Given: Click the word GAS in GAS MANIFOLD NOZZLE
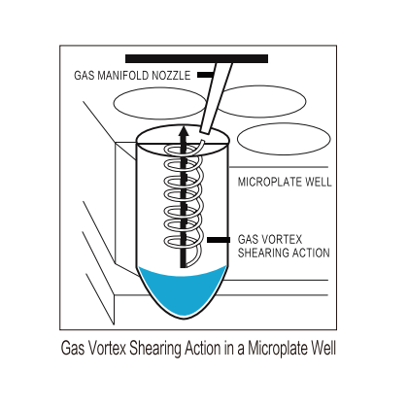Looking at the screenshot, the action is [x=85, y=76].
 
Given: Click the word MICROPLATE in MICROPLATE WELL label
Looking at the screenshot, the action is [x=265, y=182].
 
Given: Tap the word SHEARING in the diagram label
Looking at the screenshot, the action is [x=261, y=253].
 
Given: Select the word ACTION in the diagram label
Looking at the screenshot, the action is [x=309, y=253].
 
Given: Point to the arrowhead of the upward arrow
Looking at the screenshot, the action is [x=184, y=131].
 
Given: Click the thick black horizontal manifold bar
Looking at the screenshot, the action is [x=196, y=58].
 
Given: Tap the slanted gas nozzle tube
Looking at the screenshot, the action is [x=216, y=98].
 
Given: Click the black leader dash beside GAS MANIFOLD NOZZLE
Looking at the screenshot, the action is [x=205, y=75].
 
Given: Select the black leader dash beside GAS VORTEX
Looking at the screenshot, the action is [x=219, y=240].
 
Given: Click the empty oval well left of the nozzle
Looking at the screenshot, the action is [x=159, y=103].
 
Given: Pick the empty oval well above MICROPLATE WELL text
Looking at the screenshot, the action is [x=284, y=139].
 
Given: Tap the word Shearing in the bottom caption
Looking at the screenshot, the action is [x=155, y=349].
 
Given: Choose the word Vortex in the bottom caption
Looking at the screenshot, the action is [x=107, y=349].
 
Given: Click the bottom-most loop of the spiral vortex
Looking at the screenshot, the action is [x=184, y=241].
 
